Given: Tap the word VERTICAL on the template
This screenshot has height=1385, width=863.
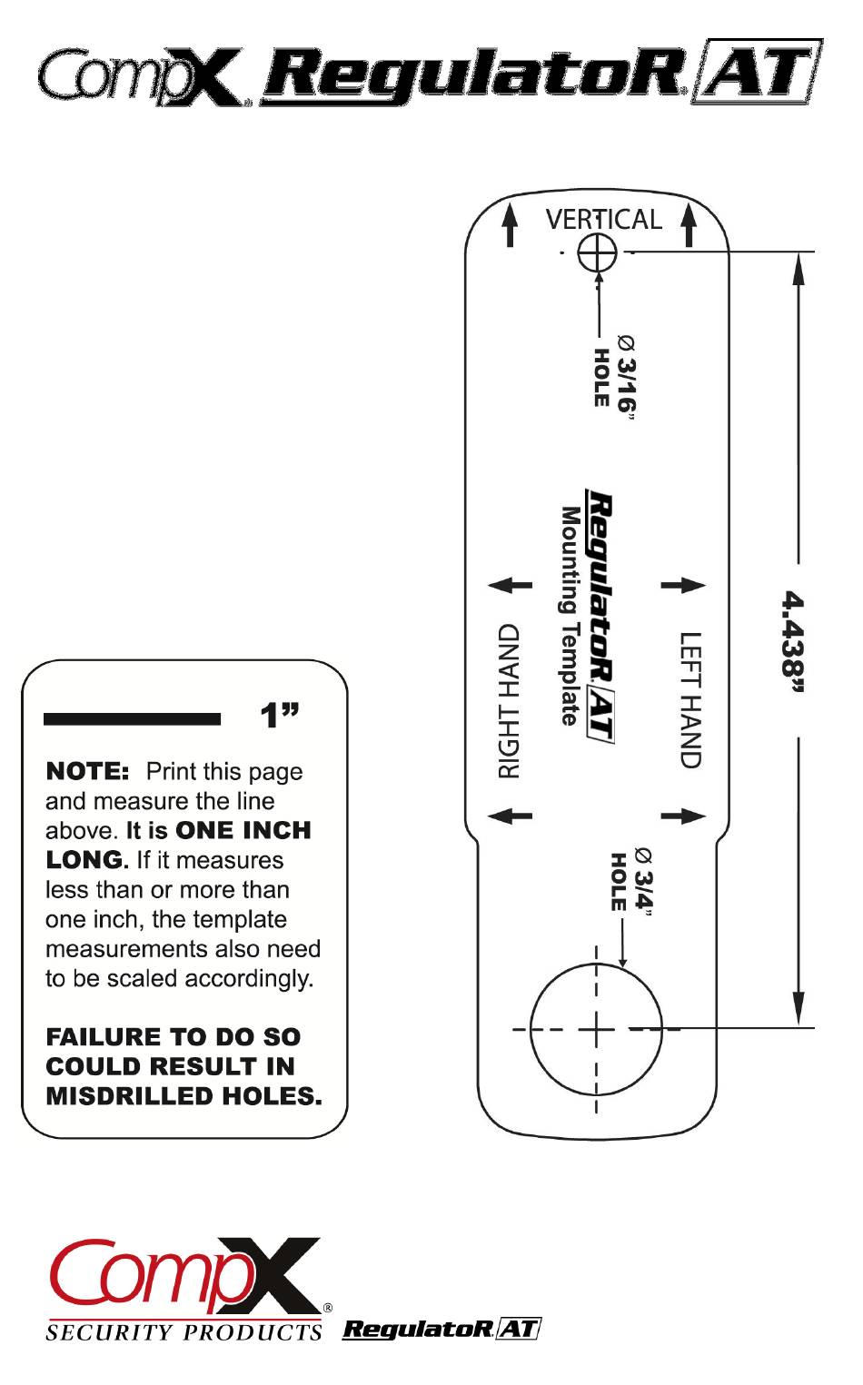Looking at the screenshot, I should pos(603,220).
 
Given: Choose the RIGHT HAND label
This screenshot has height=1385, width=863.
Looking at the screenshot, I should pos(510,700).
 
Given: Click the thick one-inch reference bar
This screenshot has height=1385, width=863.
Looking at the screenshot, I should pos(132,719).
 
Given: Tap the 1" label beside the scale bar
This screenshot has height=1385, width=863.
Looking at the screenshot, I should pos(280,717).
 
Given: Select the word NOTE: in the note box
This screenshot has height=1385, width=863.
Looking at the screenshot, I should pos(88,772).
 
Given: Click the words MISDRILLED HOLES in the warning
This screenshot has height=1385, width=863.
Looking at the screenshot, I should pos(184,1096).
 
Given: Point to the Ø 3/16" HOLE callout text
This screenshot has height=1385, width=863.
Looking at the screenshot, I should pos(614,372).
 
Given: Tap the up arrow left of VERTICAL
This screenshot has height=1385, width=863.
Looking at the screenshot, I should pos(511,224).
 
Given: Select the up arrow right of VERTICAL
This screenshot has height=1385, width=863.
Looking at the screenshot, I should pos(689,224).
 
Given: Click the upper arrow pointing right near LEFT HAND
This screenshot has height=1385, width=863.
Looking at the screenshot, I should pos(683,586).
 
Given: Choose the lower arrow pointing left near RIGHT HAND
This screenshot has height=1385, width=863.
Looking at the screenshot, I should pos(510,816).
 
